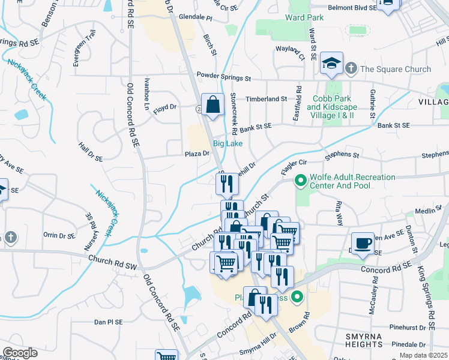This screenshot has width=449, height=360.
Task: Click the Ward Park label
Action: click(x=304, y=17)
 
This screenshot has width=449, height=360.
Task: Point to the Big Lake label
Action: click(x=227, y=143)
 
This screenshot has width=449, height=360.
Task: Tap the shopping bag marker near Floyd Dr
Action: click(x=212, y=105)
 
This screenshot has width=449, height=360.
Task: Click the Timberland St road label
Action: click(x=263, y=98)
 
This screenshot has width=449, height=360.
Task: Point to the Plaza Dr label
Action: click(x=197, y=154)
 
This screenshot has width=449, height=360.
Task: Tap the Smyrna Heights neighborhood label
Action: click(x=364, y=340)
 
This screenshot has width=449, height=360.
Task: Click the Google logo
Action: click(x=20, y=353)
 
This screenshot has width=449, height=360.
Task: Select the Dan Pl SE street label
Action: click(x=108, y=322)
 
